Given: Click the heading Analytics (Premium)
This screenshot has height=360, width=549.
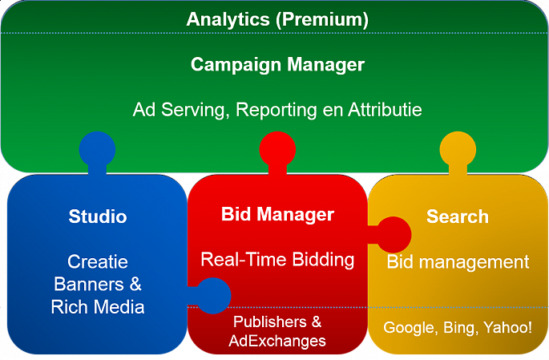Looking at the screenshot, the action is pyautogui.click(x=277, y=19).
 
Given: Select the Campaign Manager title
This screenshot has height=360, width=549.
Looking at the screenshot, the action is pyautogui.click(x=277, y=65).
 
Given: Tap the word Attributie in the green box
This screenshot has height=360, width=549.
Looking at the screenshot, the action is pyautogui.click(x=385, y=110).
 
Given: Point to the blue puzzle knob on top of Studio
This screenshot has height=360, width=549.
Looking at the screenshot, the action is pyautogui.click(x=97, y=150).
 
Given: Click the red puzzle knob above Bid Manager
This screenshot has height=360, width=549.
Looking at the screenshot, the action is pyautogui.click(x=277, y=150).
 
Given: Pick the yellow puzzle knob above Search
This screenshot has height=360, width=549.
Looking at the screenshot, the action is pyautogui.click(x=458, y=150).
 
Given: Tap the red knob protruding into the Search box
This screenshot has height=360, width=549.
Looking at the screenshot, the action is pyautogui.click(x=393, y=235).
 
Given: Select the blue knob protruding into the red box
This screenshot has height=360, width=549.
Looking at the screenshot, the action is pyautogui.click(x=212, y=296).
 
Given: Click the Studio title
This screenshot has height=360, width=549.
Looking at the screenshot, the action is pyautogui.click(x=98, y=216).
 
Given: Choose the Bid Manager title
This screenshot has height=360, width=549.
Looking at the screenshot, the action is pyautogui.click(x=277, y=215).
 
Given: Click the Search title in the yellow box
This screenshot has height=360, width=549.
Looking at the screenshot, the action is pyautogui.click(x=458, y=216).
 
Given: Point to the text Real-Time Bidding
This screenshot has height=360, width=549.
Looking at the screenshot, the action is pyautogui.click(x=277, y=260).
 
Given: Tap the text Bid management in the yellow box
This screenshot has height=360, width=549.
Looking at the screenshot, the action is pyautogui.click(x=458, y=262).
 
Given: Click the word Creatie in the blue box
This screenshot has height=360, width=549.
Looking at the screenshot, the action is pyautogui.click(x=98, y=262).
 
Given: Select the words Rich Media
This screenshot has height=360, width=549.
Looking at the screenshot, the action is pyautogui.click(x=98, y=307).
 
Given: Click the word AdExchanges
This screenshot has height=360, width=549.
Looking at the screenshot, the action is pyautogui.click(x=277, y=341).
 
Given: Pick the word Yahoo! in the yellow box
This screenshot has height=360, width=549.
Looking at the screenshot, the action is pyautogui.click(x=507, y=328).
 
